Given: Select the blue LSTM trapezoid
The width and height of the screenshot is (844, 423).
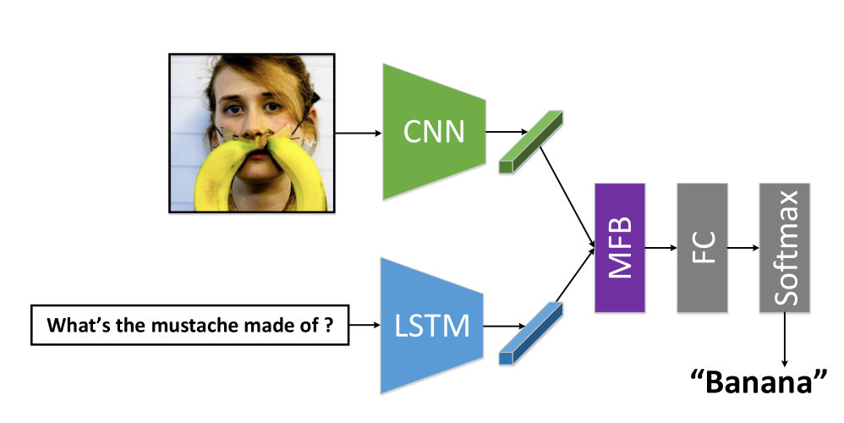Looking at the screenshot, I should coord(431,326).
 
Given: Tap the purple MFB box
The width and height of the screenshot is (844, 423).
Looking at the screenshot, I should coord(620,246).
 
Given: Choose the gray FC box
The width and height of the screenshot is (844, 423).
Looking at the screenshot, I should coord(701,246).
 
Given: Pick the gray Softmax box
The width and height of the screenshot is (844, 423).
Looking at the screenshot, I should coord(784,246).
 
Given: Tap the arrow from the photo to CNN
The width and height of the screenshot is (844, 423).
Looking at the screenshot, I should coord(359,133).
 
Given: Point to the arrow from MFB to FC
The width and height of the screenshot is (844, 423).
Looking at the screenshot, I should coord(660,247).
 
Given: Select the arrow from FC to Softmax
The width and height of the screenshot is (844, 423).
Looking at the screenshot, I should coord(743,247).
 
